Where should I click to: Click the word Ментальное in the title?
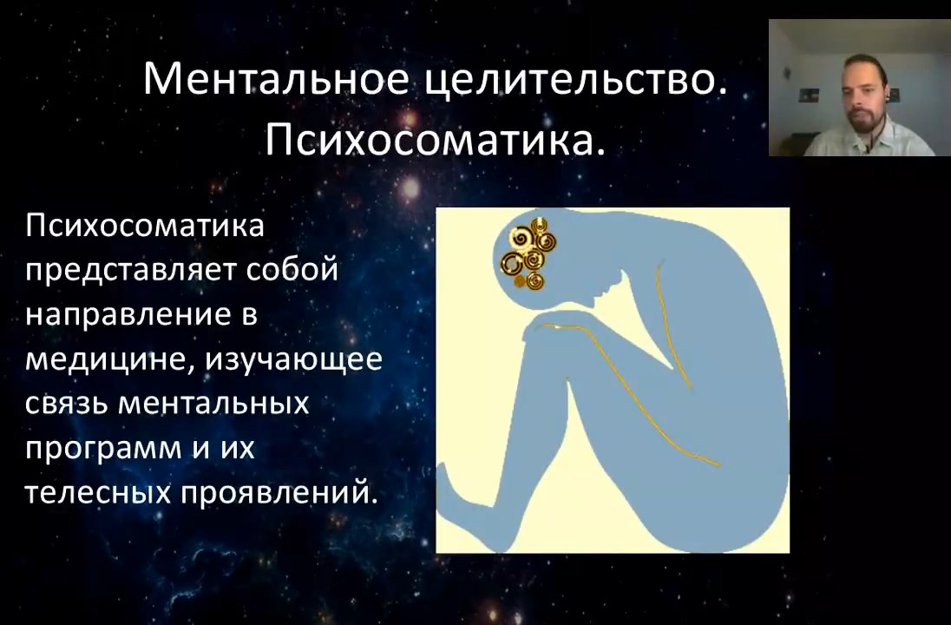[276, 80]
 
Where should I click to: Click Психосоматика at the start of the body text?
[145, 227]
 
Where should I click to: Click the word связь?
[66, 405]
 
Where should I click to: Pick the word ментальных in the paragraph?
[213, 405]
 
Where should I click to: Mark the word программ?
[103, 450]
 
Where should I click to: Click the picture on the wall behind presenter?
[809, 95]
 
